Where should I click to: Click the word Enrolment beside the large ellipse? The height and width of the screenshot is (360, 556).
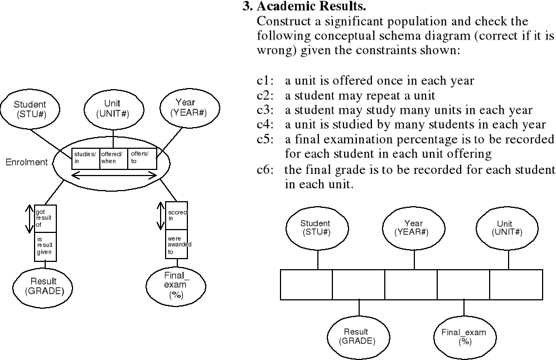27,163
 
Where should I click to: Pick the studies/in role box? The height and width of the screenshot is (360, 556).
85,158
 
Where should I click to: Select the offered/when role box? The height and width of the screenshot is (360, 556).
113,158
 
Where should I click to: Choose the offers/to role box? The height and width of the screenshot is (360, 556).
141,158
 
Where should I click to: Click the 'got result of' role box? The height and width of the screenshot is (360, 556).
45,218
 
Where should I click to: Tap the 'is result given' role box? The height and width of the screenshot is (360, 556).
45,245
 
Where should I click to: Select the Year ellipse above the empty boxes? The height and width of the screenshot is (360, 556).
413,228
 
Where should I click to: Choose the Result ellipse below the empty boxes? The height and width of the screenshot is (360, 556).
356,336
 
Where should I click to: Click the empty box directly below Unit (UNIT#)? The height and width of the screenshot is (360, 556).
516,284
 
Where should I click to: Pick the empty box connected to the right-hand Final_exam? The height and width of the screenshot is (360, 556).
463,284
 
